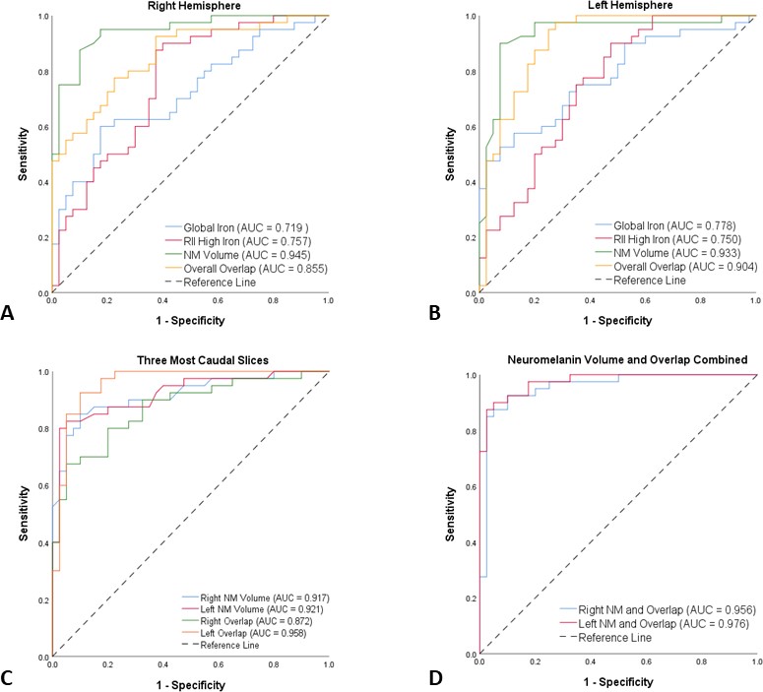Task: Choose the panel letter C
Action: click(x=10, y=677)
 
